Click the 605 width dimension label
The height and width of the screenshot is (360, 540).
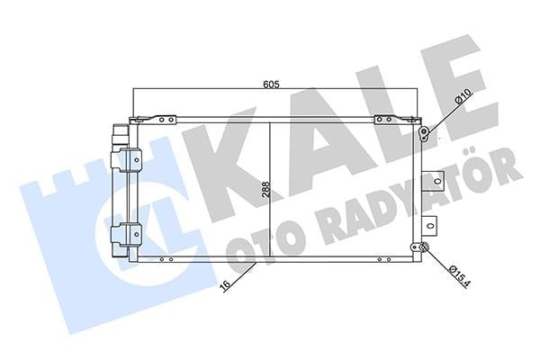270,84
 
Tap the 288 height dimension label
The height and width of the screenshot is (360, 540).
265,189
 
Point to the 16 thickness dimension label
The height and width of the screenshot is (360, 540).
226,284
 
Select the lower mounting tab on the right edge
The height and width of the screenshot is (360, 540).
429,226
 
